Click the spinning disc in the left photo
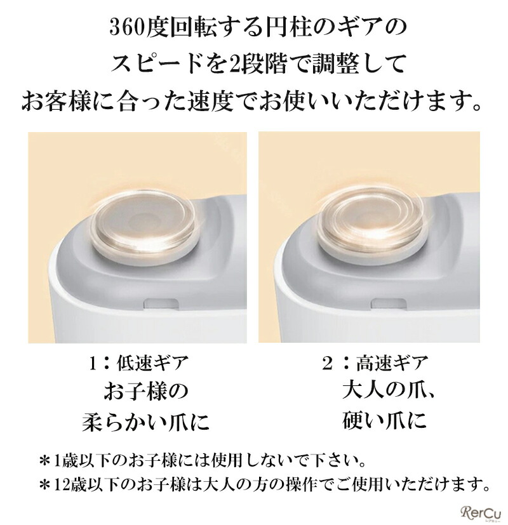pyautogui.click(x=143, y=222)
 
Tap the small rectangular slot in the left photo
pyautogui.click(x=159, y=303)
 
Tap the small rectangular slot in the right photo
pyautogui.click(x=389, y=303)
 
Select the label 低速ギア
pyautogui.click(x=152, y=363)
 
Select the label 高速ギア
pyautogui.click(x=392, y=363)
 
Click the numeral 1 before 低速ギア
pyautogui.click(x=94, y=364)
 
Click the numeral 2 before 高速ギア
pyautogui.click(x=327, y=364)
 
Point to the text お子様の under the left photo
pyautogui.click(x=145, y=392)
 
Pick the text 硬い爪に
pyautogui.click(x=384, y=420)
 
